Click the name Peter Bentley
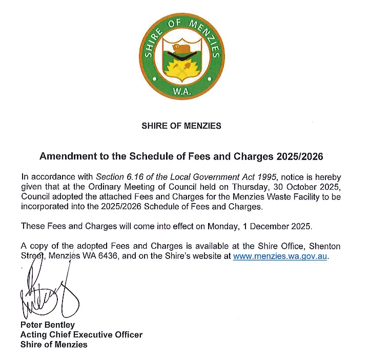[47, 325]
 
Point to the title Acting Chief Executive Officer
[81, 335]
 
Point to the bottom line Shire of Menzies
[54, 345]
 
